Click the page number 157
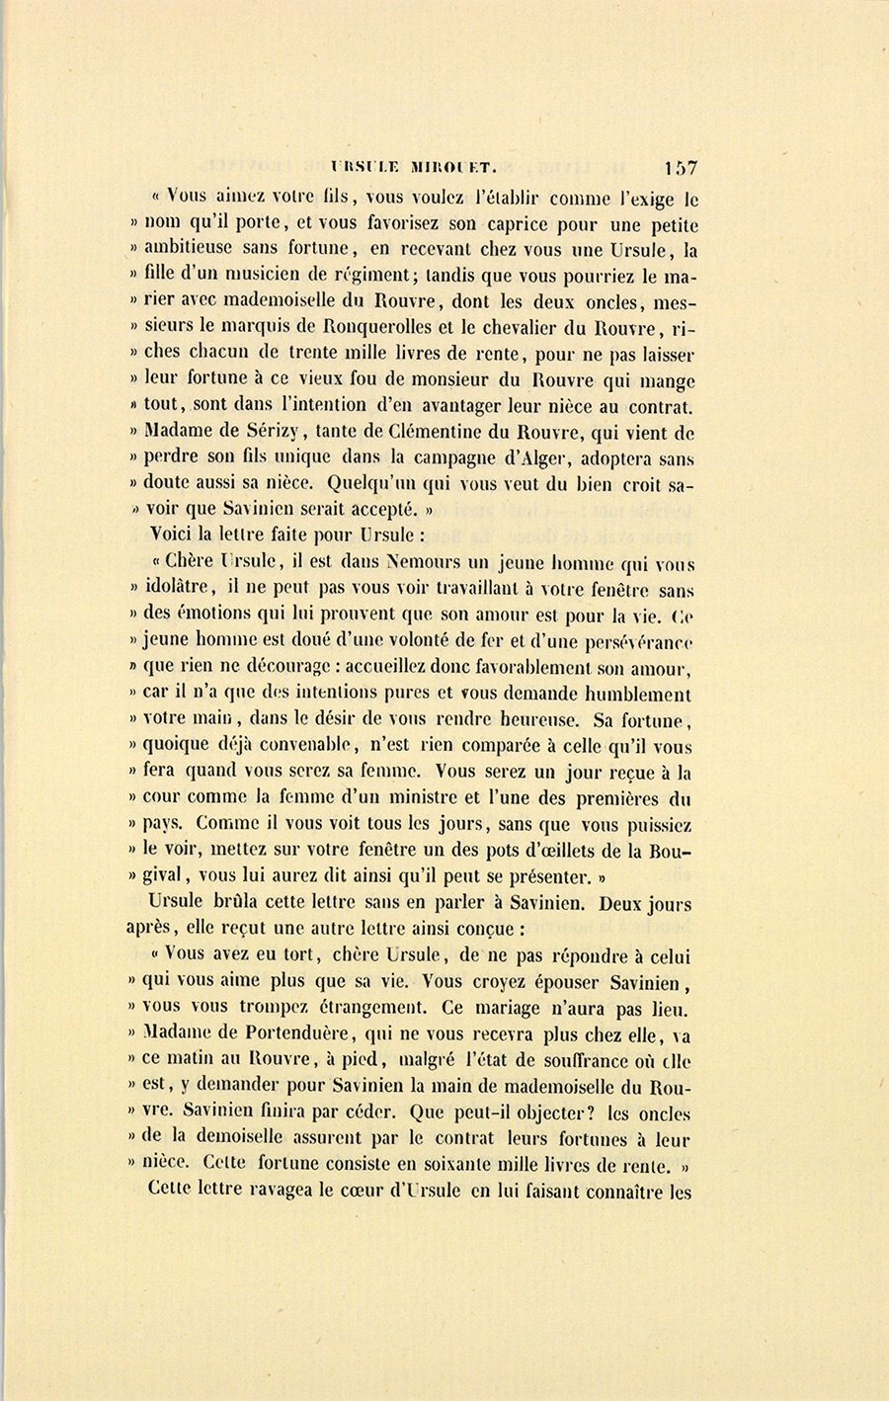(x=682, y=168)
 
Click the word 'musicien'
(x=273, y=276)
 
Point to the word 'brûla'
(x=238, y=902)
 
